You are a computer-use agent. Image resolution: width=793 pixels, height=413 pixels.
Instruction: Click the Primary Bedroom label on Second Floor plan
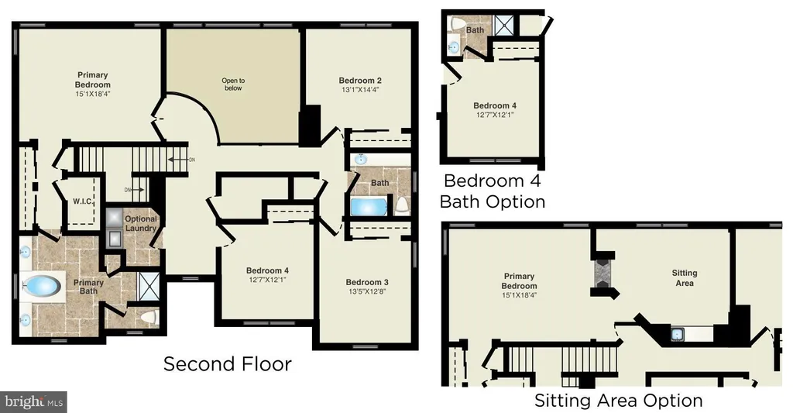point(93,80)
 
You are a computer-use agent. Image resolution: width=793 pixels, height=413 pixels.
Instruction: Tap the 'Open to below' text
point(233,84)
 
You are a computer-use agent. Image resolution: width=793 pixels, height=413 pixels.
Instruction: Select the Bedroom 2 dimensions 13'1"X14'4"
point(360,90)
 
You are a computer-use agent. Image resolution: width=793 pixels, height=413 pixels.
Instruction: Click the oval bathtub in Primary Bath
point(43,286)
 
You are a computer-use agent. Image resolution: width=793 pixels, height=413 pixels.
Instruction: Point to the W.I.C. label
point(82,201)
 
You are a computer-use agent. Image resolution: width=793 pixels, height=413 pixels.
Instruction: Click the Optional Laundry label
point(141,223)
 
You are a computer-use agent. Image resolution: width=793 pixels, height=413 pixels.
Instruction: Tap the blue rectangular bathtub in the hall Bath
point(369,207)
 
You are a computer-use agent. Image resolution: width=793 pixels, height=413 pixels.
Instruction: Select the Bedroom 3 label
point(367,282)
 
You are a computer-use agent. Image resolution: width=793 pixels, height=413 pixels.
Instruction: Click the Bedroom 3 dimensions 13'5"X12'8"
point(367,291)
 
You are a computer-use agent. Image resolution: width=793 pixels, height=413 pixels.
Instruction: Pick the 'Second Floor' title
point(228,364)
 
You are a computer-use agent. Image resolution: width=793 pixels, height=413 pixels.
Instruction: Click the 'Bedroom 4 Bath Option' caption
point(493,191)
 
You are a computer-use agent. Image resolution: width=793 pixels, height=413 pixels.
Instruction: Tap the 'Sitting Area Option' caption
point(619,401)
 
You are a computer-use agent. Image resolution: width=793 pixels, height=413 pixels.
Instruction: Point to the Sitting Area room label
point(685,278)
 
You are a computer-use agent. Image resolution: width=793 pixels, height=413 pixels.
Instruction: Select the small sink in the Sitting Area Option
point(677,334)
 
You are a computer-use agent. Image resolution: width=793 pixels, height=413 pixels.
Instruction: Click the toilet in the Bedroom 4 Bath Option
point(458,24)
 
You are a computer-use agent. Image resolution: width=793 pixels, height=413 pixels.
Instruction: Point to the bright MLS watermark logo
point(33,402)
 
